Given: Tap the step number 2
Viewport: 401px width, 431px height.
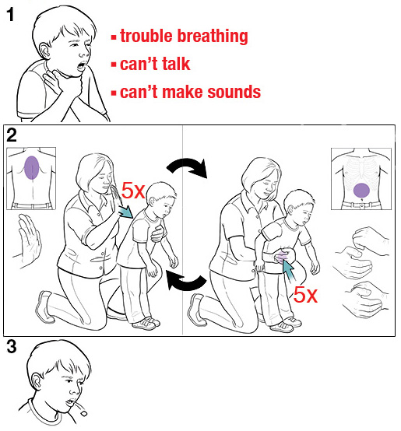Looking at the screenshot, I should tap(11, 134).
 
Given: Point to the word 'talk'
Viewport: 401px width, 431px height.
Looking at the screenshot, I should tap(175, 64).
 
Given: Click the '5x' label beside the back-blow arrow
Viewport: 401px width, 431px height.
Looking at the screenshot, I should tap(133, 189).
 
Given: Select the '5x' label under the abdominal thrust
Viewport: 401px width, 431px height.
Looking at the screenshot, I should tap(304, 296).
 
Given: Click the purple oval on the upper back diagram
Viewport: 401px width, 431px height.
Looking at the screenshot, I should tap(32, 168).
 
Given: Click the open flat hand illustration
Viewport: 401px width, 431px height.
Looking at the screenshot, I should tap(28, 242).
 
